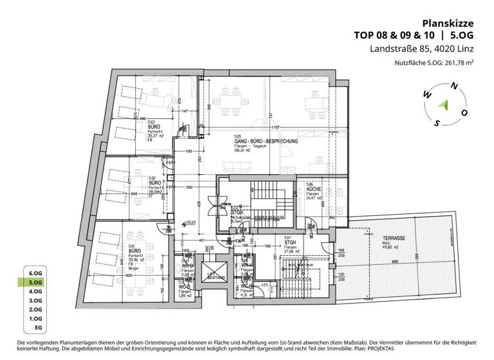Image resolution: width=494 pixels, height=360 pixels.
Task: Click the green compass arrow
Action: pos(443,104)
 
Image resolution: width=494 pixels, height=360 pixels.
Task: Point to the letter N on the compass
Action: pos(455,86)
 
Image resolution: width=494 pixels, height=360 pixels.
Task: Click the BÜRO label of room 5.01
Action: pos(135,251)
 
